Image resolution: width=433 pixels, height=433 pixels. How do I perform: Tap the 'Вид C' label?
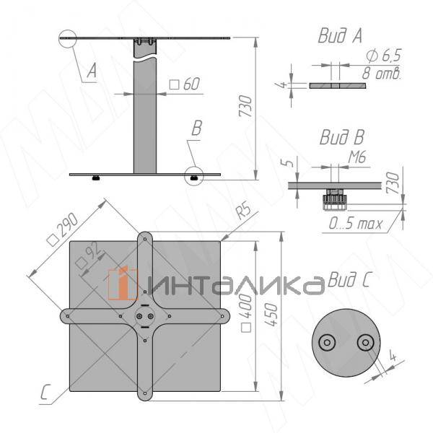point(348,280)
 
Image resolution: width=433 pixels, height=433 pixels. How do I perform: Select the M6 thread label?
point(357,156)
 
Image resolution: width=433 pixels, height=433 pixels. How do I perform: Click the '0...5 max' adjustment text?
point(356,224)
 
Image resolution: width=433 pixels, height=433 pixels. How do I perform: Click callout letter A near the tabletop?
point(91,71)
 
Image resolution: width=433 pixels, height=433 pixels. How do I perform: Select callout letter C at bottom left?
point(45,393)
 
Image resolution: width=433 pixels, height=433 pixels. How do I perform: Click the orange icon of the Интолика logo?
point(123,284)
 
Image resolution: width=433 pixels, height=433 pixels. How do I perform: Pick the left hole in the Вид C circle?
point(328,341)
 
